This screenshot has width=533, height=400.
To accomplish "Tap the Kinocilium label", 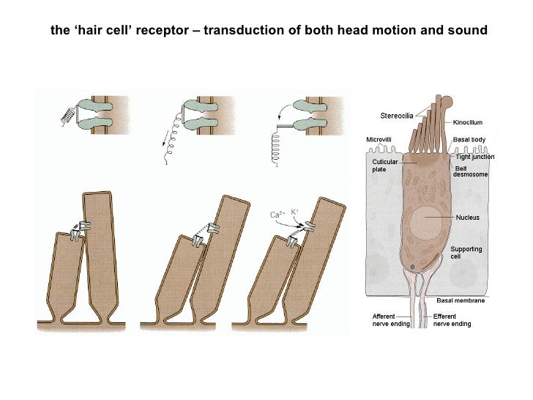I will (470, 122).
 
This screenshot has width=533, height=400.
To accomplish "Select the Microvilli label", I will (381, 139).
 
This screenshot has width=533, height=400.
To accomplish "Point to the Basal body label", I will (469, 139).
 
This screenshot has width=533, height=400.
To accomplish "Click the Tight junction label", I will (475, 157).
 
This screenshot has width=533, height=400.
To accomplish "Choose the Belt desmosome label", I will (471, 171).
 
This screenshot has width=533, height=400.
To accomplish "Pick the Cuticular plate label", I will (384, 165).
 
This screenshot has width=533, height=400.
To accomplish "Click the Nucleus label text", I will (468, 218).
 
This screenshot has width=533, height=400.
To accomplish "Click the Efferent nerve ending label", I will (452, 319).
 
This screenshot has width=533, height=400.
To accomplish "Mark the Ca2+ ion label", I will (277, 215).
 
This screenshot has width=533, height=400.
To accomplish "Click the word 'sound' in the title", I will (469, 32).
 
